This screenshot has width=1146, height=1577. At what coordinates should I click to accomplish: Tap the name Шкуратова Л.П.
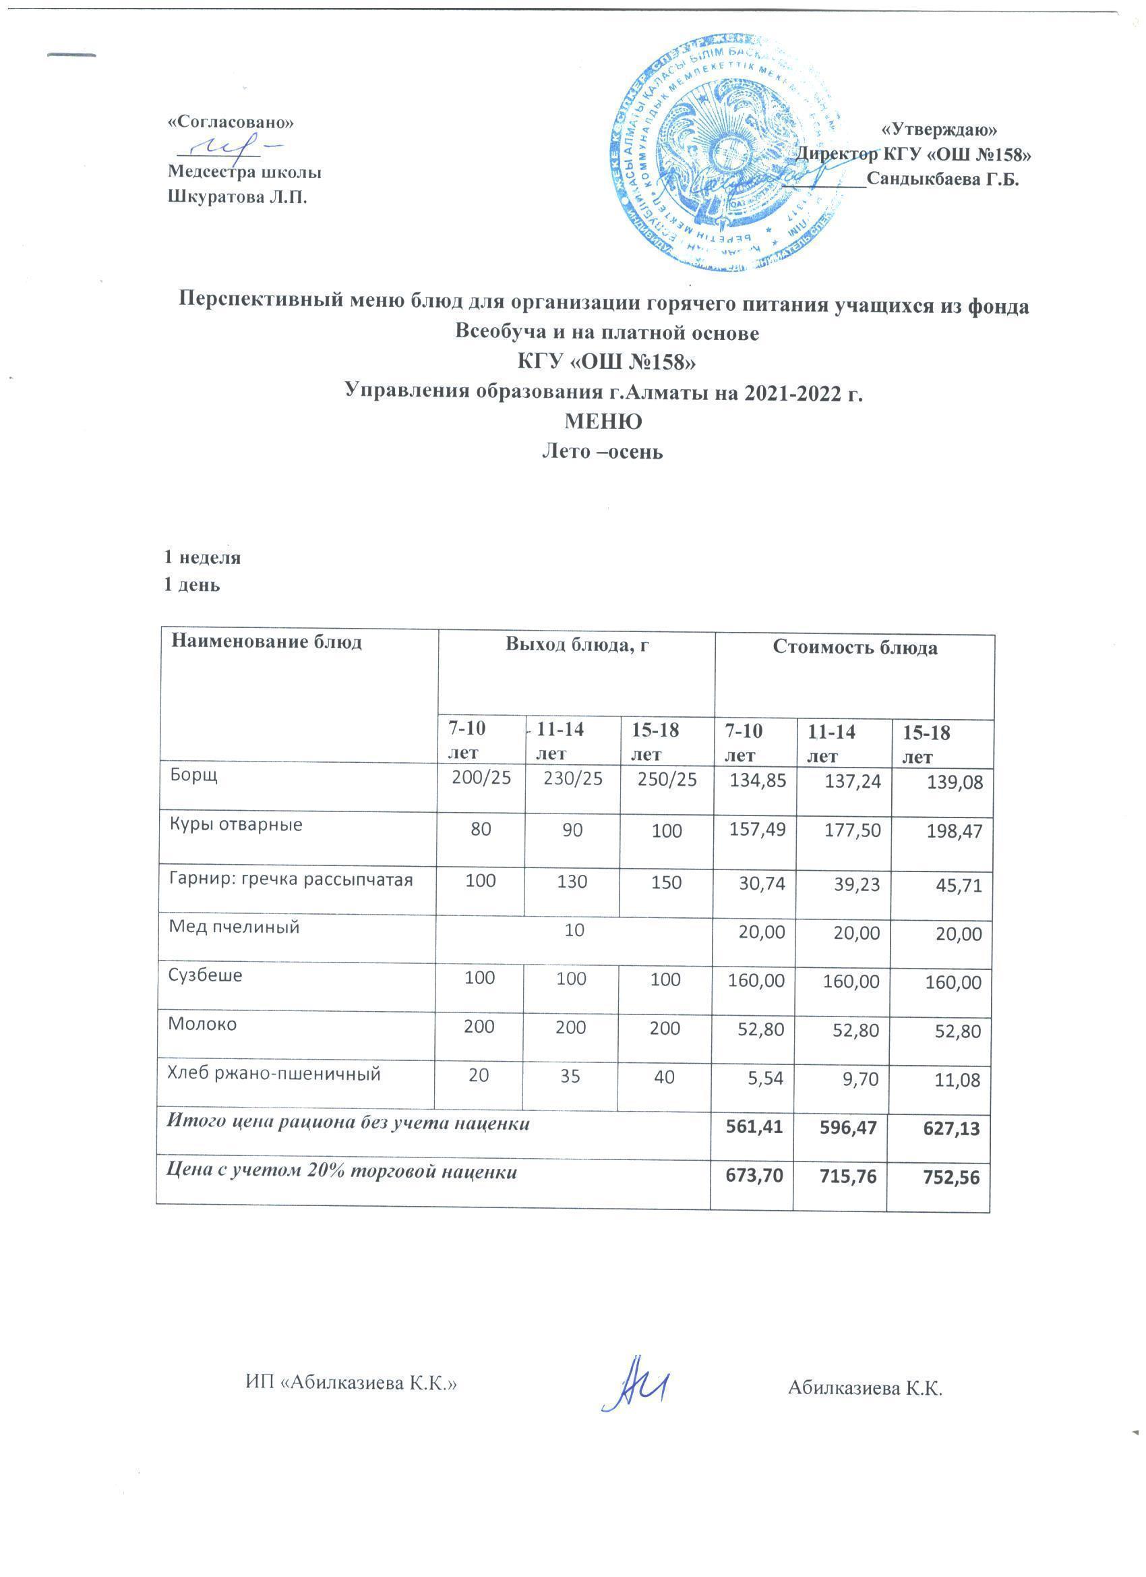click(x=238, y=198)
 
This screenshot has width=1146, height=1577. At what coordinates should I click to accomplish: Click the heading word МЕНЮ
click(x=603, y=422)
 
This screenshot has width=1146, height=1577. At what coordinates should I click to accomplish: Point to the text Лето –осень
click(x=602, y=452)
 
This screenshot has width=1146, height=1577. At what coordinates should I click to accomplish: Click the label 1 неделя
click(x=202, y=557)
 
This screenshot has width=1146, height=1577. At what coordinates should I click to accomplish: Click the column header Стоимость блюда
click(x=855, y=648)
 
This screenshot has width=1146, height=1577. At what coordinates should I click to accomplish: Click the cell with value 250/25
click(x=667, y=780)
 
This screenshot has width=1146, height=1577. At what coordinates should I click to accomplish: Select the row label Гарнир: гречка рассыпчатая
click(x=291, y=880)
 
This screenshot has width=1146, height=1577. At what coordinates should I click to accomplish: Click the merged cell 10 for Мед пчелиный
click(x=574, y=930)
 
